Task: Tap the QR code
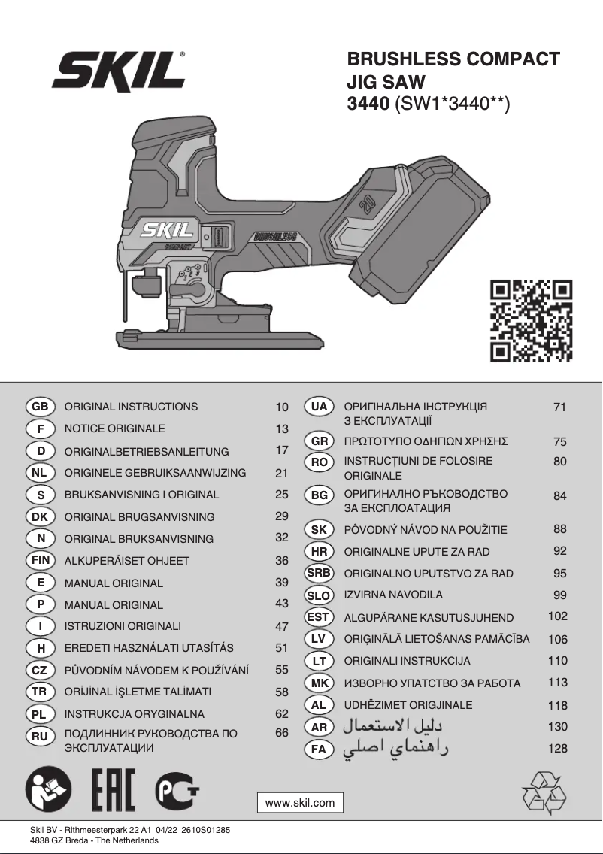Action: pyautogui.click(x=532, y=321)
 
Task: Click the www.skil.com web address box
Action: pyautogui.click(x=300, y=803)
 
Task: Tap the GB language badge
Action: pyautogui.click(x=40, y=407)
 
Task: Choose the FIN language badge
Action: pyautogui.click(x=40, y=560)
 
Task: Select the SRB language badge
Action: pyautogui.click(x=319, y=573)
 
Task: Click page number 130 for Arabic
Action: pyautogui.click(x=558, y=727)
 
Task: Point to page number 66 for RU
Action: pyautogui.click(x=282, y=732)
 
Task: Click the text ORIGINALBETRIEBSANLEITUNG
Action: pyautogui.click(x=147, y=452)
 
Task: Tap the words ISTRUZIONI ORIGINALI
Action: pyautogui.click(x=123, y=626)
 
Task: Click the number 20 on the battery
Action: pyautogui.click(x=368, y=205)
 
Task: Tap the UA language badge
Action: pyautogui.click(x=319, y=407)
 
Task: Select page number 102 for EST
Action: pyautogui.click(x=558, y=616)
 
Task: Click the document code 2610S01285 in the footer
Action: pyautogui.click(x=204, y=830)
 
